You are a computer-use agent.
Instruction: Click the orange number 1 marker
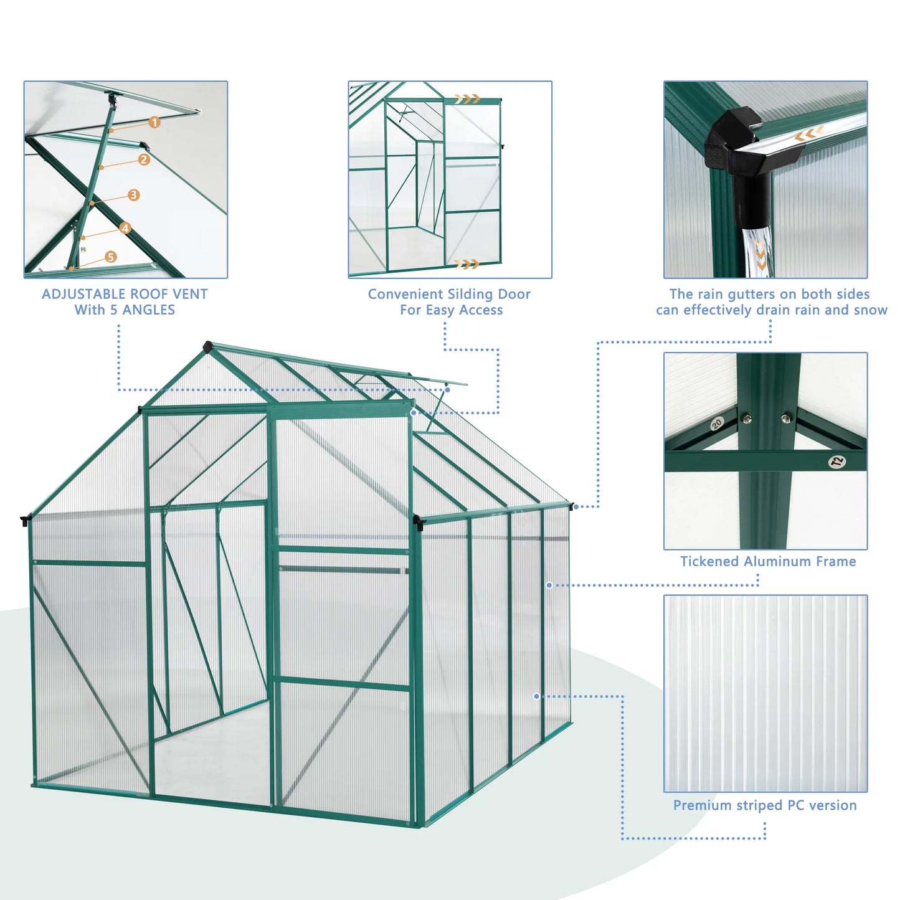click(x=154, y=123)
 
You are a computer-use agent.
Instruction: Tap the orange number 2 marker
click(x=144, y=159)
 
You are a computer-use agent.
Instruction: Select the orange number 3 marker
click(x=133, y=195)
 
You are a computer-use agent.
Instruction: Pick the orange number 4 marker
click(x=125, y=228)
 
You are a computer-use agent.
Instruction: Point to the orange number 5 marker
click(x=111, y=257)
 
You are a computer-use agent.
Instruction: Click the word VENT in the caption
click(x=191, y=294)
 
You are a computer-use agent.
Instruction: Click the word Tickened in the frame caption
click(x=709, y=561)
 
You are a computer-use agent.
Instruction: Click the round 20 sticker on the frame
click(x=716, y=424)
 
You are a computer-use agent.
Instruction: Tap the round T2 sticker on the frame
click(x=837, y=462)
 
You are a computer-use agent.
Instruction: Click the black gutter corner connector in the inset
click(x=733, y=142)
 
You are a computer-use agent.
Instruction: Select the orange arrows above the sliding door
click(x=467, y=99)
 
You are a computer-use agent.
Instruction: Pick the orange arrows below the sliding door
click(x=466, y=264)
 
